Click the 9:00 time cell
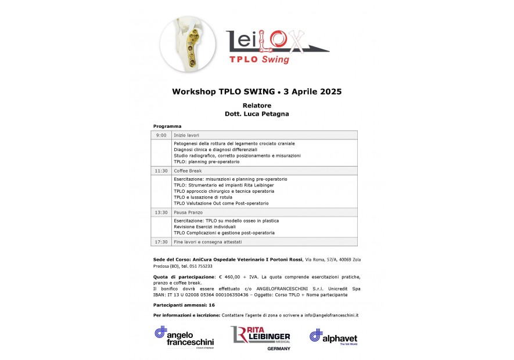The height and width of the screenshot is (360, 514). (x=161, y=135)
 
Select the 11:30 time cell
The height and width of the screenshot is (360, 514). (x=161, y=171)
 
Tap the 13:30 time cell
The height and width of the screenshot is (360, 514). (x=161, y=213)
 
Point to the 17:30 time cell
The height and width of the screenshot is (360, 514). (x=161, y=242)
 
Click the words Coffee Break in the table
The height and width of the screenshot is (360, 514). (x=188, y=171)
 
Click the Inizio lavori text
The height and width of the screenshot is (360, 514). (x=186, y=135)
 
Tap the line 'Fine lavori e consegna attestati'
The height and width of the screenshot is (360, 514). (x=207, y=242)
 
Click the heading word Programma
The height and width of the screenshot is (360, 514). (x=167, y=126)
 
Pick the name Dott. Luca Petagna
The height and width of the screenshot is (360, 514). (x=257, y=114)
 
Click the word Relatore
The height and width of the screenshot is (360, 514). (x=257, y=106)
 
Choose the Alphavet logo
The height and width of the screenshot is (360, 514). (x=333, y=337)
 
